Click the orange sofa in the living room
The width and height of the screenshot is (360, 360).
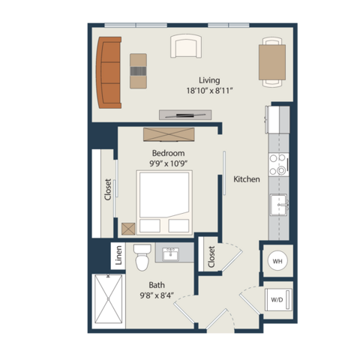pos(109,73)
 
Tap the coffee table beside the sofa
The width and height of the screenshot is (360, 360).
pos(138,71)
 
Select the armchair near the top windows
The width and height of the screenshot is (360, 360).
pos(186,46)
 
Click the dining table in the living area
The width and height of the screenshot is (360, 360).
pos(272,62)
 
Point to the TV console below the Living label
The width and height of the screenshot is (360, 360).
pos(185,115)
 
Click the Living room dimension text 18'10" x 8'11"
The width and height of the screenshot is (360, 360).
pos(209,91)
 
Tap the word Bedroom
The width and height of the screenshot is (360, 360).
pos(168,153)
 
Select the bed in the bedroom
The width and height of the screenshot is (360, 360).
pos(164,202)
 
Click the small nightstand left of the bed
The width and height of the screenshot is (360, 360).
pos(128,229)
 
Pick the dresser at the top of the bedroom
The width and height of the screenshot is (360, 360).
pos(169,134)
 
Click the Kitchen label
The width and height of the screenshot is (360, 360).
pos(247,179)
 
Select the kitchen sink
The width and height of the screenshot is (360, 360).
pos(279,205)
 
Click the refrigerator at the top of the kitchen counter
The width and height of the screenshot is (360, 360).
pos(277,119)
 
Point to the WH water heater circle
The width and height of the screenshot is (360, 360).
pos(277,261)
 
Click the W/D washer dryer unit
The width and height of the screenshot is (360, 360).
pos(278,299)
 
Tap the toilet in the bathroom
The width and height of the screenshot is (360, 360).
pos(142,257)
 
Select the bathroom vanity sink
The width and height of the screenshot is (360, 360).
pos(171,254)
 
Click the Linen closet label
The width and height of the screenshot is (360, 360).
pos(118,255)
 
